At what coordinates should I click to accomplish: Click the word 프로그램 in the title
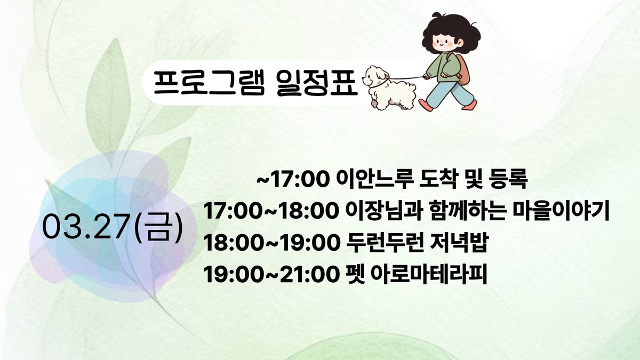[209, 83]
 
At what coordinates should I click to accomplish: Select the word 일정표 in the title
[317, 83]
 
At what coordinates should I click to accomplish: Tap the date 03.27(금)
[113, 228]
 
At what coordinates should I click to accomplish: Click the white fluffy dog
[389, 87]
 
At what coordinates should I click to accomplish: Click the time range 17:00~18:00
[269, 211]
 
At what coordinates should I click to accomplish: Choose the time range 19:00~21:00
[270, 275]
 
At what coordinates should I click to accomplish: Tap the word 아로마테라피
[429, 275]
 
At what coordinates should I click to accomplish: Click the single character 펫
[355, 275]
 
